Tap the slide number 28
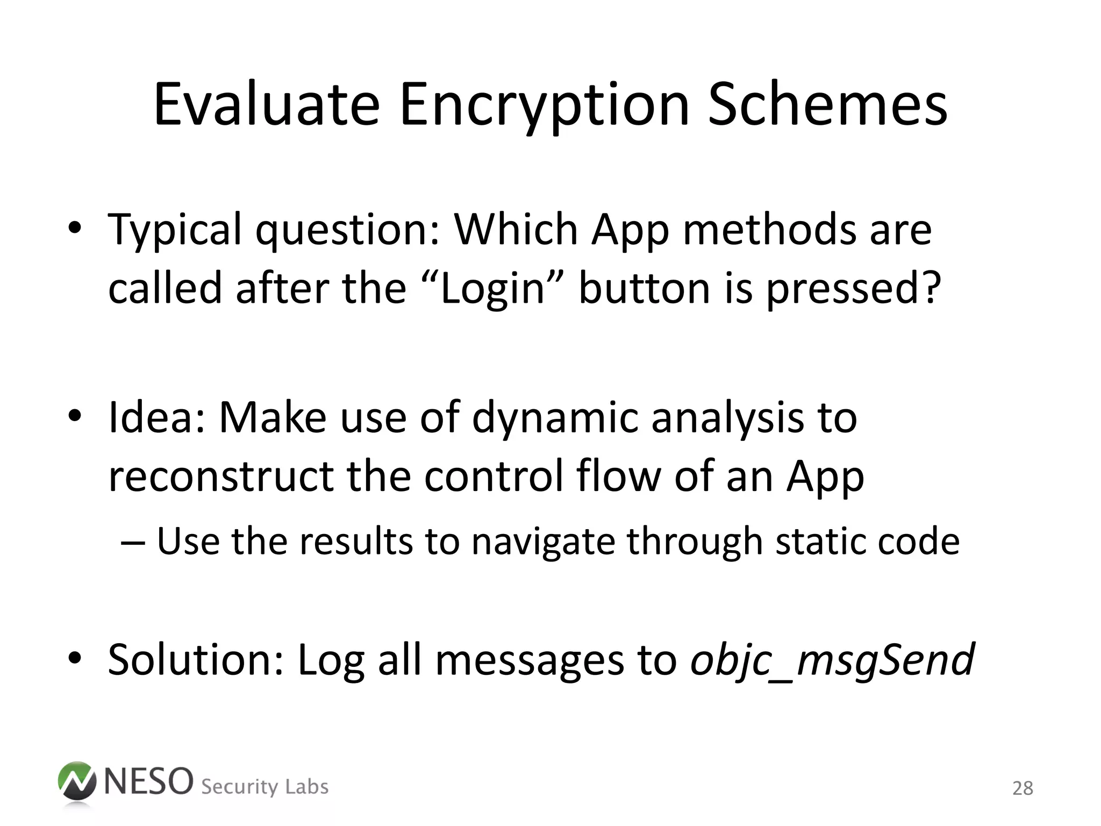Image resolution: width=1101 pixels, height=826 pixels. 1023,788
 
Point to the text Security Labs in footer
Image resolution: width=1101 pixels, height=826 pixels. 264,787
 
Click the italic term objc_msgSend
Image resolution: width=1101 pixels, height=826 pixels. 832,660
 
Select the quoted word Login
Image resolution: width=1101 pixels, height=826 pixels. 492,288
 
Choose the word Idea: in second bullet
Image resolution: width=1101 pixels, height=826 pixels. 156,418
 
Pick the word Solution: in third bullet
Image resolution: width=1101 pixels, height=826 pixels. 196,660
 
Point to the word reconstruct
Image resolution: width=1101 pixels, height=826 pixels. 221,476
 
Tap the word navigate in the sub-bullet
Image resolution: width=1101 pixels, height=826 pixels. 544,542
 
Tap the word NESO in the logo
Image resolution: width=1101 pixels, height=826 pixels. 148,781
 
